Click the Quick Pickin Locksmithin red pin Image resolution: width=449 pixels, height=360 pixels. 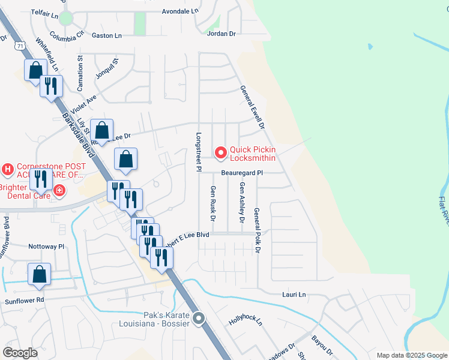220,153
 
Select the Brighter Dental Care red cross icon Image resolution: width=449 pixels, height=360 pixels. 59,191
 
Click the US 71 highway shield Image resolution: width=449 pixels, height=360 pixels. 21,45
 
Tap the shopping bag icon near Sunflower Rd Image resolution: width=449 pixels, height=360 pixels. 39,274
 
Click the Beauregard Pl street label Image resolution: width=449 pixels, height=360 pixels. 242,172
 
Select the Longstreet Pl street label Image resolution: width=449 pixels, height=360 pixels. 197,151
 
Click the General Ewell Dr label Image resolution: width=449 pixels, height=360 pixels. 252,107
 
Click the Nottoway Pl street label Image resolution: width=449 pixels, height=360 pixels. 46,246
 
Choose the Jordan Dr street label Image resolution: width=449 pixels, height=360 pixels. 221,34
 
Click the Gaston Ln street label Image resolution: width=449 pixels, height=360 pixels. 106,35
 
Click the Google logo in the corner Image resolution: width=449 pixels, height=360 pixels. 20,353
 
